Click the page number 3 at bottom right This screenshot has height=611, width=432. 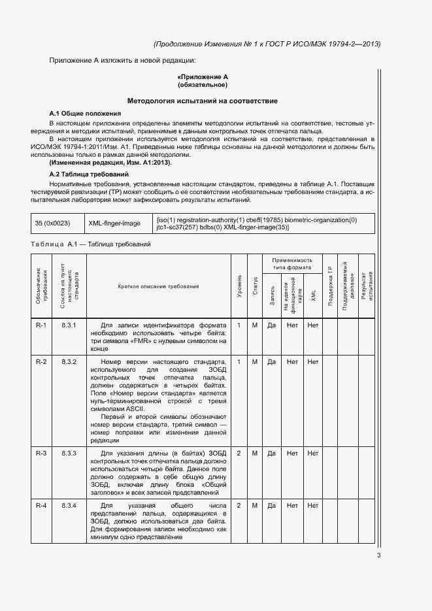pyautogui.click(x=378, y=556)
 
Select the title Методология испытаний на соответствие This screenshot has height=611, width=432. pyautogui.click(x=202, y=101)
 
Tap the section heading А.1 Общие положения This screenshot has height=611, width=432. pyautogui.click(x=85, y=114)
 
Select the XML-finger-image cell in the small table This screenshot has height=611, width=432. pyautogui.click(x=114, y=223)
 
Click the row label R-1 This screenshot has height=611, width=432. pyautogui.click(x=41, y=325)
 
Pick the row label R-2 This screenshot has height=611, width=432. pyautogui.click(x=41, y=361)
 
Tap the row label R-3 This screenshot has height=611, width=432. pyautogui.click(x=41, y=453)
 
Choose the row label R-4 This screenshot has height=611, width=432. pyautogui.click(x=41, y=506)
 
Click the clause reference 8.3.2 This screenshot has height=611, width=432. pyautogui.click(x=69, y=361)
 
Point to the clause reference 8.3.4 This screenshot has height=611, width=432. pyautogui.click(x=69, y=506)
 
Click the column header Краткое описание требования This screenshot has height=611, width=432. pyautogui.click(x=158, y=286)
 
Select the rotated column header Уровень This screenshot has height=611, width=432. pyautogui.click(x=239, y=286)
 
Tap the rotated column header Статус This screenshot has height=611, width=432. pyautogui.click(x=256, y=286)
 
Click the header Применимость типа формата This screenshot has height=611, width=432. pyautogui.click(x=292, y=263)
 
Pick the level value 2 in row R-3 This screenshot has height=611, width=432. pyautogui.click(x=239, y=453)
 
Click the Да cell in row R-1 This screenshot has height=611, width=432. pyautogui.click(x=271, y=325)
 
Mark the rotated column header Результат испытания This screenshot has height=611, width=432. pyautogui.click(x=367, y=286)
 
